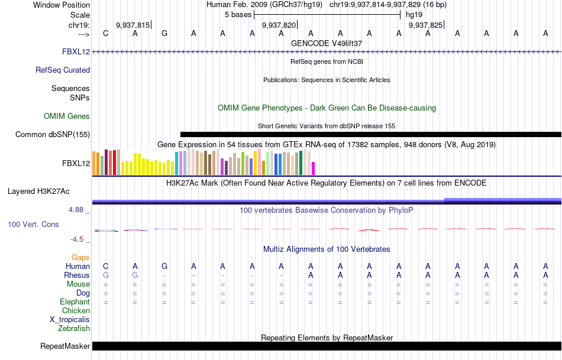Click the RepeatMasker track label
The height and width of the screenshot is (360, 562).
(x=65, y=346)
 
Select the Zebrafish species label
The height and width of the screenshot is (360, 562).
(x=74, y=328)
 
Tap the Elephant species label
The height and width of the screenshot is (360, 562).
(x=75, y=301)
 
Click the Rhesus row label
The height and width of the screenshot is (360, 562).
(x=77, y=275)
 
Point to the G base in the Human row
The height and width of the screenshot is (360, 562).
(x=164, y=266)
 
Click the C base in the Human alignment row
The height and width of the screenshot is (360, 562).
(x=105, y=266)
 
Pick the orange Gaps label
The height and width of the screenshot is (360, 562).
(x=80, y=257)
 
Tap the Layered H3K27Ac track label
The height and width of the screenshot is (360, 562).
(x=38, y=191)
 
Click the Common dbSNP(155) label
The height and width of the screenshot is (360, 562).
(x=53, y=134)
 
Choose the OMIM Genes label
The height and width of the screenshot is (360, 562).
(x=67, y=116)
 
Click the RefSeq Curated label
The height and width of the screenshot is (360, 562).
(x=63, y=70)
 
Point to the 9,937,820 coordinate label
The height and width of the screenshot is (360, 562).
(x=279, y=25)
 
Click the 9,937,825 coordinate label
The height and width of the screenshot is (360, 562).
(x=425, y=25)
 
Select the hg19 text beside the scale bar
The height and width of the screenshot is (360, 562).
(x=414, y=14)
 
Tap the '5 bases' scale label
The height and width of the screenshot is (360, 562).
(x=238, y=14)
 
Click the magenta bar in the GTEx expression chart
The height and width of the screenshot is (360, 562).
(x=313, y=168)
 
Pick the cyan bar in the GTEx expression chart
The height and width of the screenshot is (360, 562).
(x=176, y=163)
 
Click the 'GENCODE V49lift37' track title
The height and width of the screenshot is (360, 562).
(x=327, y=43)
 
